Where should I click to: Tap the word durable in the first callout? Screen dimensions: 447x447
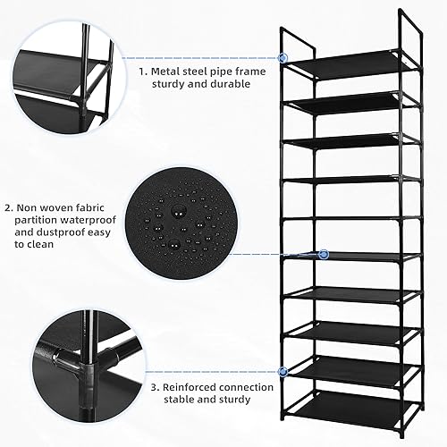(227, 84)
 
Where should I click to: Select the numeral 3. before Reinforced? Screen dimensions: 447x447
(156, 387)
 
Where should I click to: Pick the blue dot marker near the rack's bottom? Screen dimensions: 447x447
(283, 369)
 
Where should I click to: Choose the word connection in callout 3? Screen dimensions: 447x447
(246, 387)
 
